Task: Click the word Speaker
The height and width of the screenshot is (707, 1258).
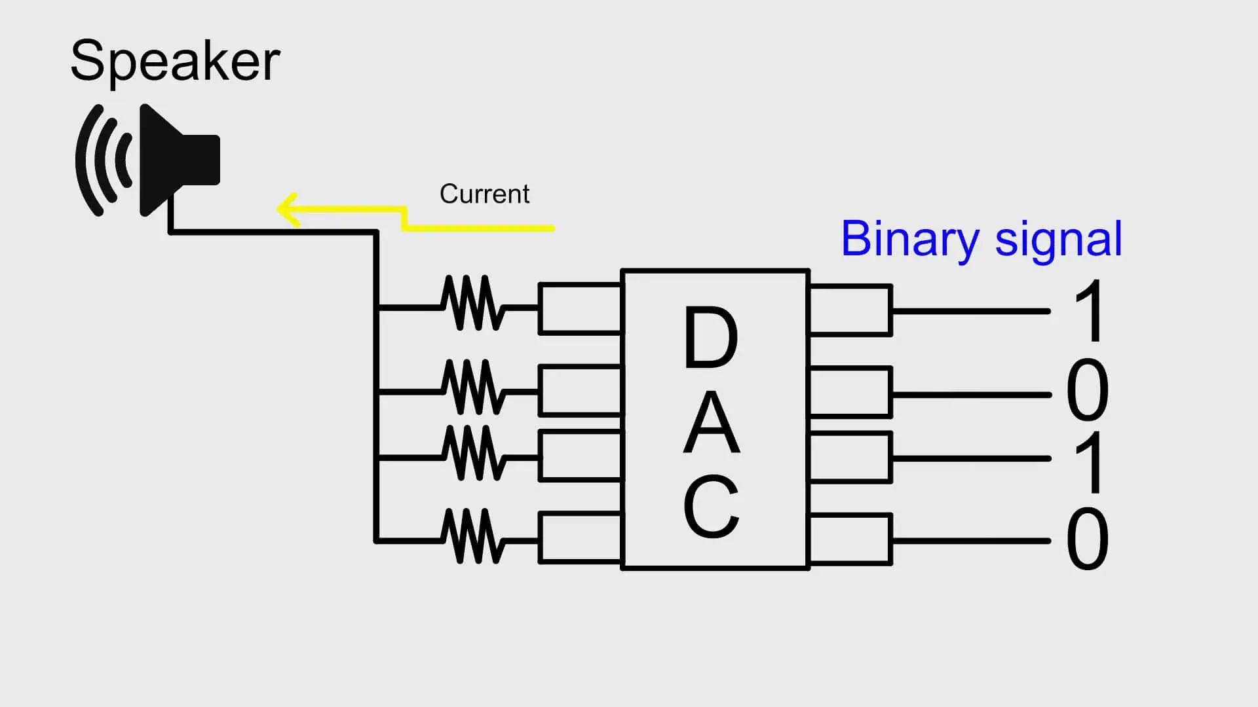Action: click(175, 61)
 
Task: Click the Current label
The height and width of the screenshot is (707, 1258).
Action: click(484, 194)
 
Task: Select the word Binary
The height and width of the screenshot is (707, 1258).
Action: click(909, 240)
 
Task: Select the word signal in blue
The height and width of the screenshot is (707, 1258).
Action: click(1058, 240)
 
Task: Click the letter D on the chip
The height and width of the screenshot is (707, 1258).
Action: click(711, 337)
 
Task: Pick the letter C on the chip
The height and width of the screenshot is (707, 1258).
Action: click(712, 507)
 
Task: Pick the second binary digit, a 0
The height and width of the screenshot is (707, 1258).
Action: click(1088, 391)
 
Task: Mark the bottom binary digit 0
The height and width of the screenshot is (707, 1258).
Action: click(1088, 539)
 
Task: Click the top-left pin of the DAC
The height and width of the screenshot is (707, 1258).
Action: click(580, 309)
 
